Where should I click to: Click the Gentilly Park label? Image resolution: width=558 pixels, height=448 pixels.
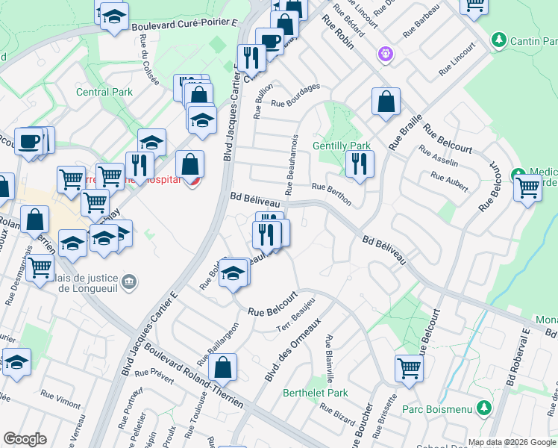coord(342,146)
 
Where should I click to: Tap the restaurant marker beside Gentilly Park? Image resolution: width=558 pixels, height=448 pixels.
coord(360,164)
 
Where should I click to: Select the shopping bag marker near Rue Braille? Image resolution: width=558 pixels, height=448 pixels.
coord(386,102)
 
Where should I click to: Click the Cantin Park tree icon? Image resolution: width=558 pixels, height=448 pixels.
coord(500,40)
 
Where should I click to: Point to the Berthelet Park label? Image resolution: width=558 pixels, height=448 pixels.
coord(316,393)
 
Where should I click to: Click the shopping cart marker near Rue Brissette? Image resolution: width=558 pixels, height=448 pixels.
coord(409,368)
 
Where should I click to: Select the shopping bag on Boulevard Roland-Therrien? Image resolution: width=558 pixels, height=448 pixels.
coord(222,368)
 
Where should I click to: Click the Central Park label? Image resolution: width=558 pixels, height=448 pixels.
coord(104,93)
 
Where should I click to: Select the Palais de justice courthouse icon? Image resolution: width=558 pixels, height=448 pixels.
coord(130,281)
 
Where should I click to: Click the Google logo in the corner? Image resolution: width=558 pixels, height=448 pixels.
coord(25,439)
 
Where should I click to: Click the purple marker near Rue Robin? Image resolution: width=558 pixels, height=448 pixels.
coord(385,53)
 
